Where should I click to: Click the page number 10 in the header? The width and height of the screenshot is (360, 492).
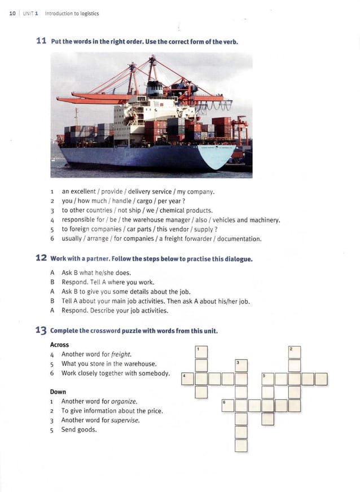(12, 14)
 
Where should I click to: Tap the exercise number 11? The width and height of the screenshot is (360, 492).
(41, 41)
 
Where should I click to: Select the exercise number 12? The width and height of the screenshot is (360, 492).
(41, 258)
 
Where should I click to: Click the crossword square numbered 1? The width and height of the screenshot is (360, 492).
(201, 352)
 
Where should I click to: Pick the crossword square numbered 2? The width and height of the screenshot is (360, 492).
(294, 352)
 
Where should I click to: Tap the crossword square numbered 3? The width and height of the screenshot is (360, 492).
(241, 365)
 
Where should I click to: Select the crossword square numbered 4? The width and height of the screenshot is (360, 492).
(188, 379)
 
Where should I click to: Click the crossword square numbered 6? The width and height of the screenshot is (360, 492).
(227, 405)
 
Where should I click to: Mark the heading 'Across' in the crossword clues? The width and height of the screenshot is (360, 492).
(59, 345)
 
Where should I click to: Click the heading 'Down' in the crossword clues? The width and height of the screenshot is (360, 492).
(58, 392)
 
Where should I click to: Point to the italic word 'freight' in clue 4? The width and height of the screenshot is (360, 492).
(121, 354)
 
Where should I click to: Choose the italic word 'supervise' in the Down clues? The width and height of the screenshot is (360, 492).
(125, 420)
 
